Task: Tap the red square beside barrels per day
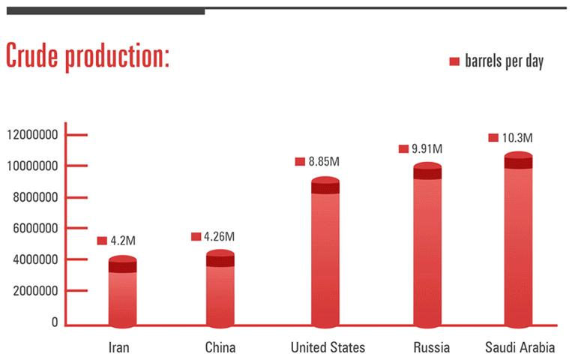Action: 454,61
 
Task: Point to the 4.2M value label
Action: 123,241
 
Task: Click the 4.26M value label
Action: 220,236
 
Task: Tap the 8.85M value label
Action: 324,161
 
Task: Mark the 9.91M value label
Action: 427,149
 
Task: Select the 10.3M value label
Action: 517,137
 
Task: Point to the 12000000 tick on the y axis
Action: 33,135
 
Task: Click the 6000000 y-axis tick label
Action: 33,229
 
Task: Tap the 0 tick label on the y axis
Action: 55,322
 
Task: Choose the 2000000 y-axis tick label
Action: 33,291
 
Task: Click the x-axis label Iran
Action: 119,347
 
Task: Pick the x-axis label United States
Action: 328,347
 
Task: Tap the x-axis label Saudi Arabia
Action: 520,347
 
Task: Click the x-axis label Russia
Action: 431,347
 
